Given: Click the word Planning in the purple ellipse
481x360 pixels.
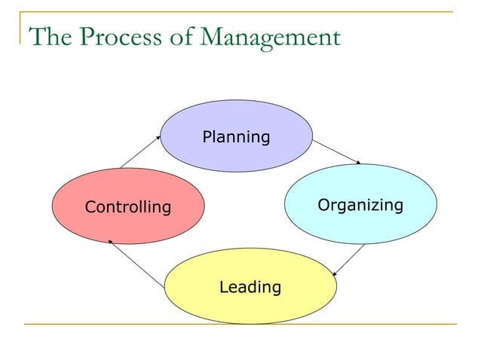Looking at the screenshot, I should coord(236,137).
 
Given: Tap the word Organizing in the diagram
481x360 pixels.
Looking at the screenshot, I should coord(360,205).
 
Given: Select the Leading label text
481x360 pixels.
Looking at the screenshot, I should coord(250,287).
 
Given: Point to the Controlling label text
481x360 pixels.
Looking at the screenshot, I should coord(128,206).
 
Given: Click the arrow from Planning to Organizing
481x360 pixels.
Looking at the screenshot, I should coord(337,151).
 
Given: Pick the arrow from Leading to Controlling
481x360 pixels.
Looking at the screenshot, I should coord(136,264).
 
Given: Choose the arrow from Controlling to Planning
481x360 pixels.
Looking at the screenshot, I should coord(140,151).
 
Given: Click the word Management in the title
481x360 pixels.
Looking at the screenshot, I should coord(267,36).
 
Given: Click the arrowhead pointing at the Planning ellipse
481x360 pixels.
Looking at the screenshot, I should coord(158,137).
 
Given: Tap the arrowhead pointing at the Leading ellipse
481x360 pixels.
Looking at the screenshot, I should coord(335,274).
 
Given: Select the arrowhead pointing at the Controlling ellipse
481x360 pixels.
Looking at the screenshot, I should coord(111,241).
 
